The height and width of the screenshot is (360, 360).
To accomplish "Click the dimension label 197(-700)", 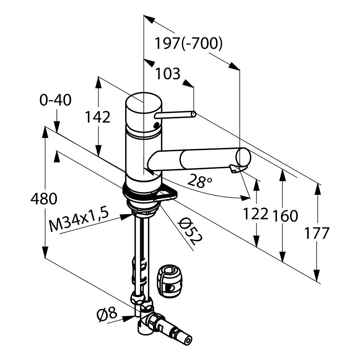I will click(188, 44).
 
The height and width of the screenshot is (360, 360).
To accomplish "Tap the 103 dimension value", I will click(168, 74).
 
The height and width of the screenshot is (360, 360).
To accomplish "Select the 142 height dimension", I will click(98, 117).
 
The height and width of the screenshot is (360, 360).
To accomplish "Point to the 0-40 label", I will click(56, 100).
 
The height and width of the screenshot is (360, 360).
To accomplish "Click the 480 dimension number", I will click(44, 199).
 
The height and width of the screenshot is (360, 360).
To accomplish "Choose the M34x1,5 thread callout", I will click(79, 220).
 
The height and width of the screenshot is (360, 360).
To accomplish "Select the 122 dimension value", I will click(255, 214).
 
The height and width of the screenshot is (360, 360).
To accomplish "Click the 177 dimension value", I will click(317, 233).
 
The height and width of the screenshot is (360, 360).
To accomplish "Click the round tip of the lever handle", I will click(194, 114).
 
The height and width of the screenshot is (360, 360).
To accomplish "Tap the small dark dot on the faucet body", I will click(156, 124).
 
